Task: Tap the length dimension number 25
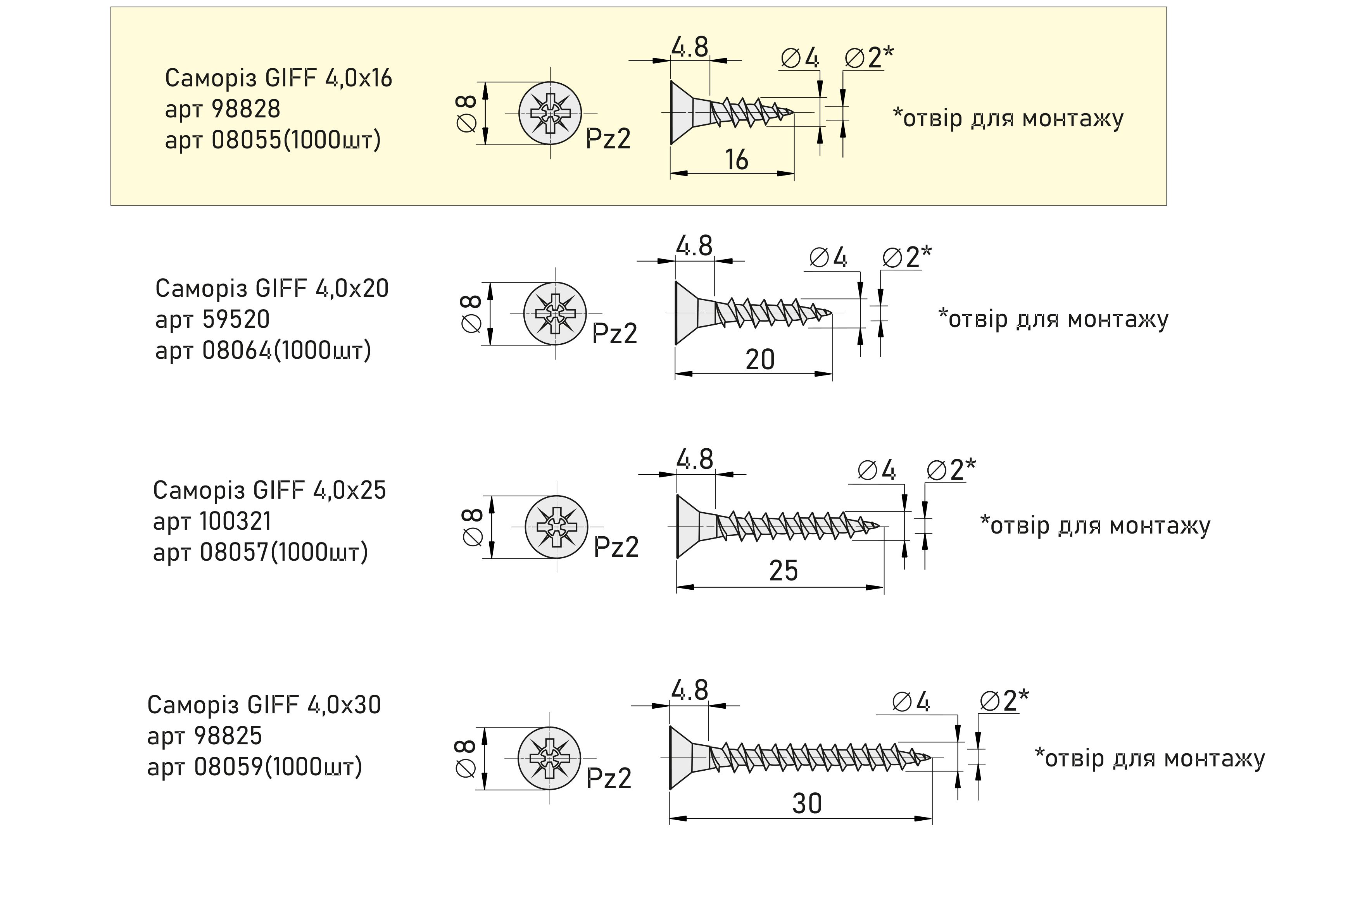coord(783,571)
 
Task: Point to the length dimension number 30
coord(807,804)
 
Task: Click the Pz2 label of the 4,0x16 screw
coord(608,139)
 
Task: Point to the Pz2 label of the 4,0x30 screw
coord(608,778)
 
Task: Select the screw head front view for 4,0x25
coord(556,527)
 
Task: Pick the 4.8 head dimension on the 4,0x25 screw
coord(694,460)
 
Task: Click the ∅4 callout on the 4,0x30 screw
coord(911,702)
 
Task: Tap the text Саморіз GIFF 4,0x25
coord(269,491)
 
